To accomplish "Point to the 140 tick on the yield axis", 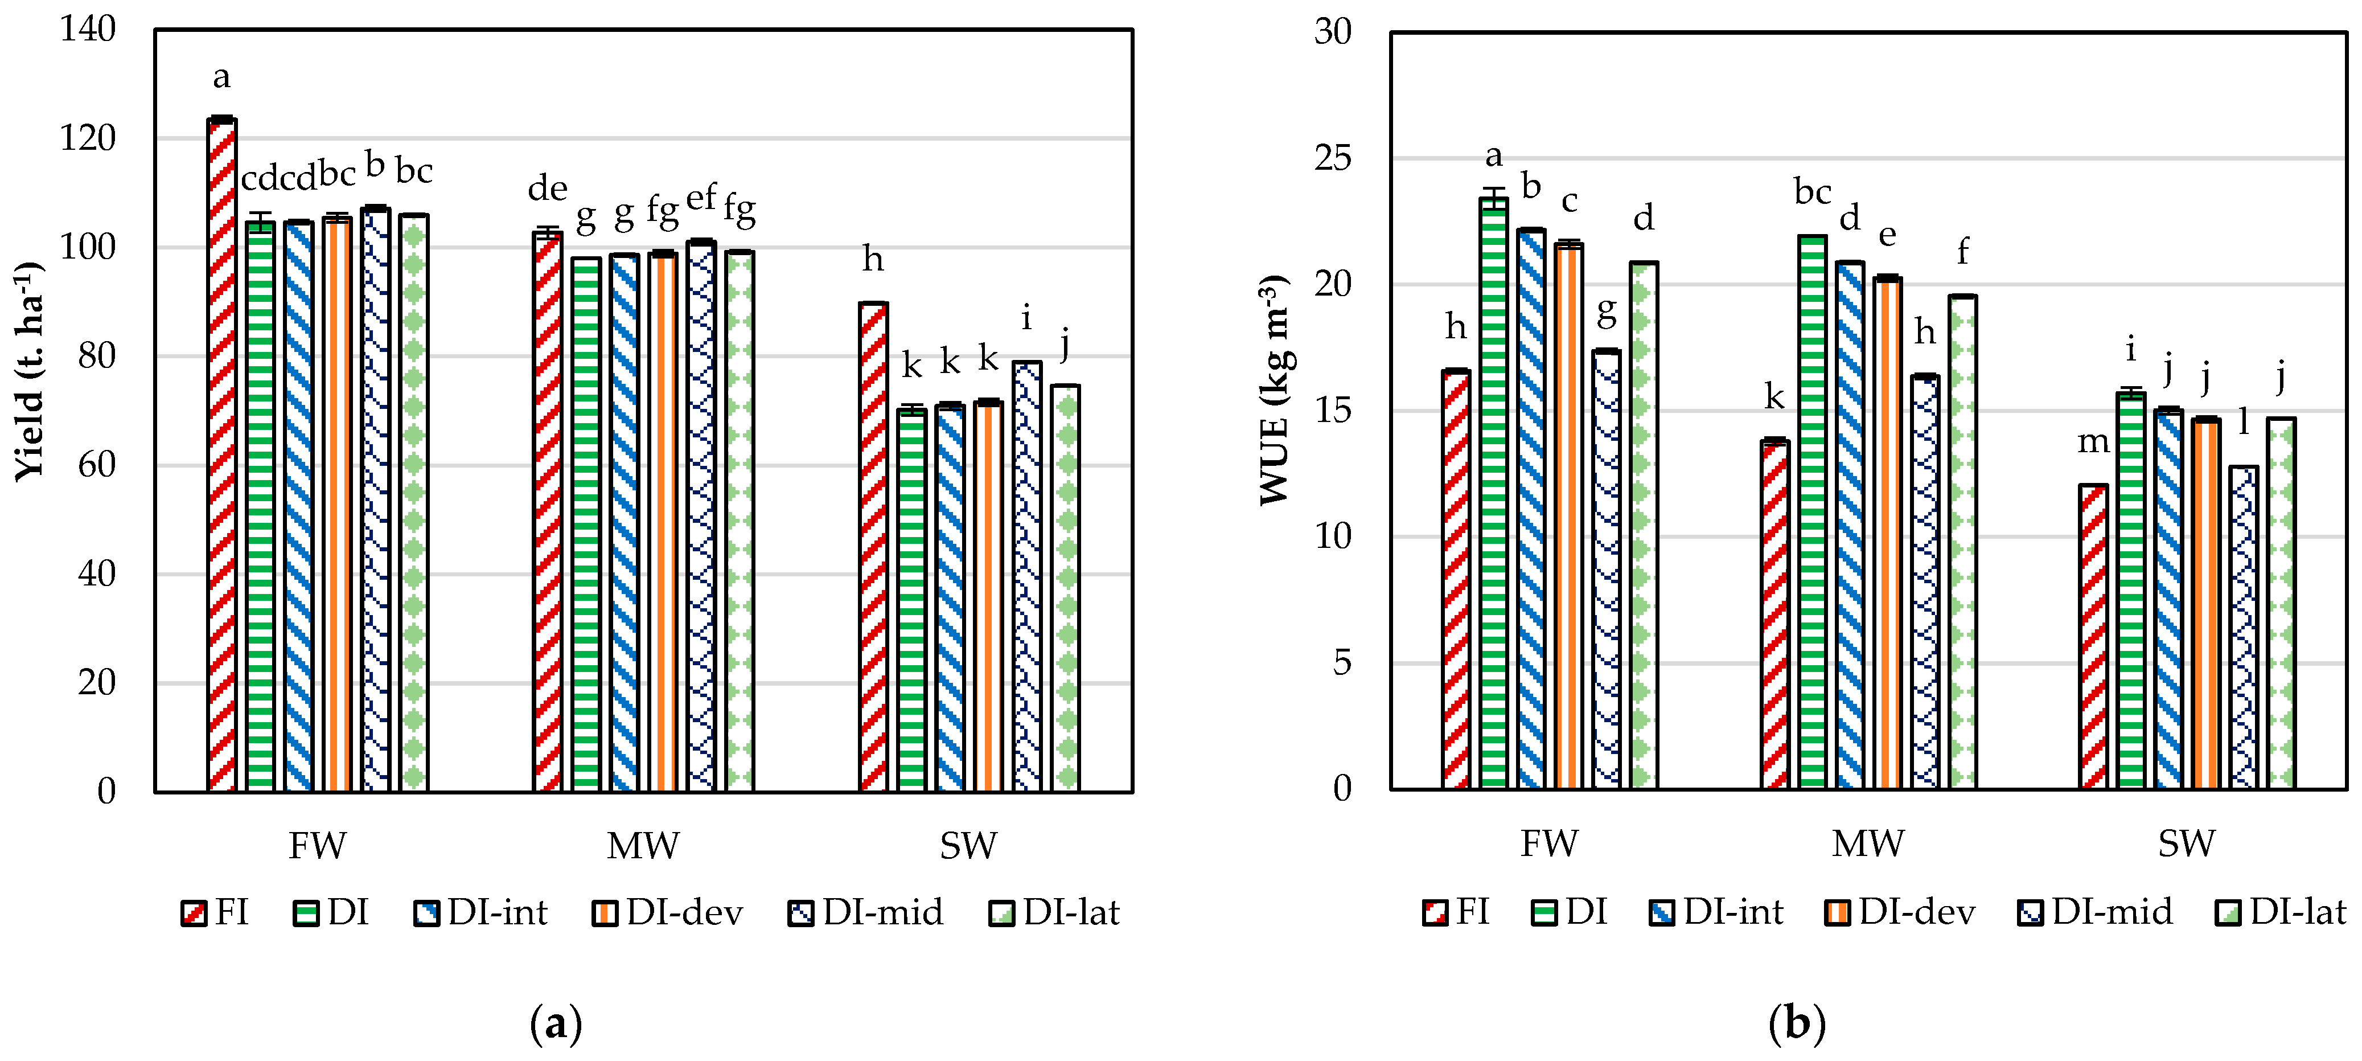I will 88,30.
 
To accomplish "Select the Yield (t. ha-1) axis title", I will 30,371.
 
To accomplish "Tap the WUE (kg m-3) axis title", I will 1275,390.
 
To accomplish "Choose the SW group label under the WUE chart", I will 2186,843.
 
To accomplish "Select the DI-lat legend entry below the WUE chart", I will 2281,912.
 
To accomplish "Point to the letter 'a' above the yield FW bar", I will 221,77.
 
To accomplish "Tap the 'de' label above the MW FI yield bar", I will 548,189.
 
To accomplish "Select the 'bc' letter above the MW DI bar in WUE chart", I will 1812,192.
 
